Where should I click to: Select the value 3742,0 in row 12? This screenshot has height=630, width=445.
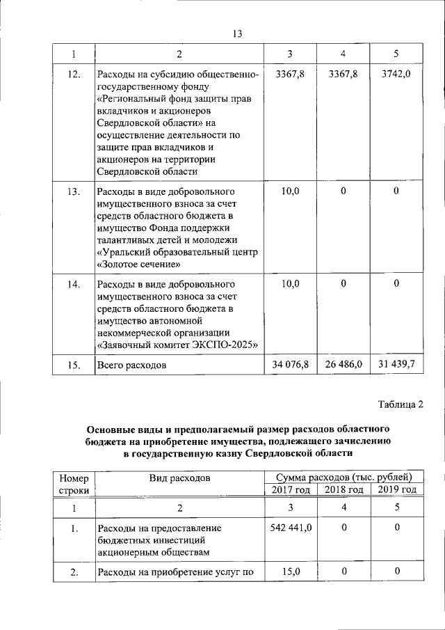396,74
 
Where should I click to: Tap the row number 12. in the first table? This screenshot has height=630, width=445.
74,74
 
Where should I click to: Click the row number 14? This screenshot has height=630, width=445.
74,284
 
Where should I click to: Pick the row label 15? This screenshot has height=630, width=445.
74,364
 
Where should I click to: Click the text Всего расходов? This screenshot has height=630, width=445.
132,365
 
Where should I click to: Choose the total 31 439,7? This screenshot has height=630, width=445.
396,364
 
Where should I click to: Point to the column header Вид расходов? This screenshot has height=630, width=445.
179,478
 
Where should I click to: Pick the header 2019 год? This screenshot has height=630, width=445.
396,489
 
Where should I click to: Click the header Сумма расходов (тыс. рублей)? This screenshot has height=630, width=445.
343,477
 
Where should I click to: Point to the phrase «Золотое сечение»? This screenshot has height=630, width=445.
139,265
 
